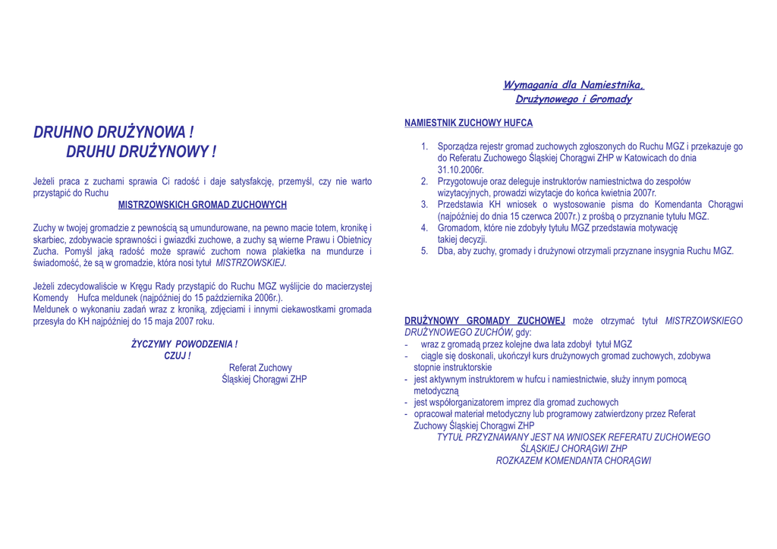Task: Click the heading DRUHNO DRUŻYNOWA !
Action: coord(114,133)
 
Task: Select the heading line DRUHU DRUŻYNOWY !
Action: coord(141,152)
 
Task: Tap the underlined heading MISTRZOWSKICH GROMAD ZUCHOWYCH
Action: coord(203,205)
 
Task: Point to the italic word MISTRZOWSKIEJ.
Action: coord(251,262)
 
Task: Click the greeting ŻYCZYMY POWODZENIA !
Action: coord(184,344)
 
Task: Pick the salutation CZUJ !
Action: coord(178,356)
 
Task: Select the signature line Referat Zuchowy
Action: coord(260,368)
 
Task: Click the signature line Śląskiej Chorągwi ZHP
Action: coord(264,379)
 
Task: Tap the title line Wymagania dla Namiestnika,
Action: coord(574,85)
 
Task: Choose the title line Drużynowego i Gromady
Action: coord(574,99)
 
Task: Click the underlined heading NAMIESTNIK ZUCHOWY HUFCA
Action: coord(468,123)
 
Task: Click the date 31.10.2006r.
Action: coord(461,170)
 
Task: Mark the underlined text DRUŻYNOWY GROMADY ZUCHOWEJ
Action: coord(485,321)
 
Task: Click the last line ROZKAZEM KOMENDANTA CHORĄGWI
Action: coord(574,460)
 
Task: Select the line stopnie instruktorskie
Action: coord(452,367)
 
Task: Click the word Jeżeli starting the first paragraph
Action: coord(45,181)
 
